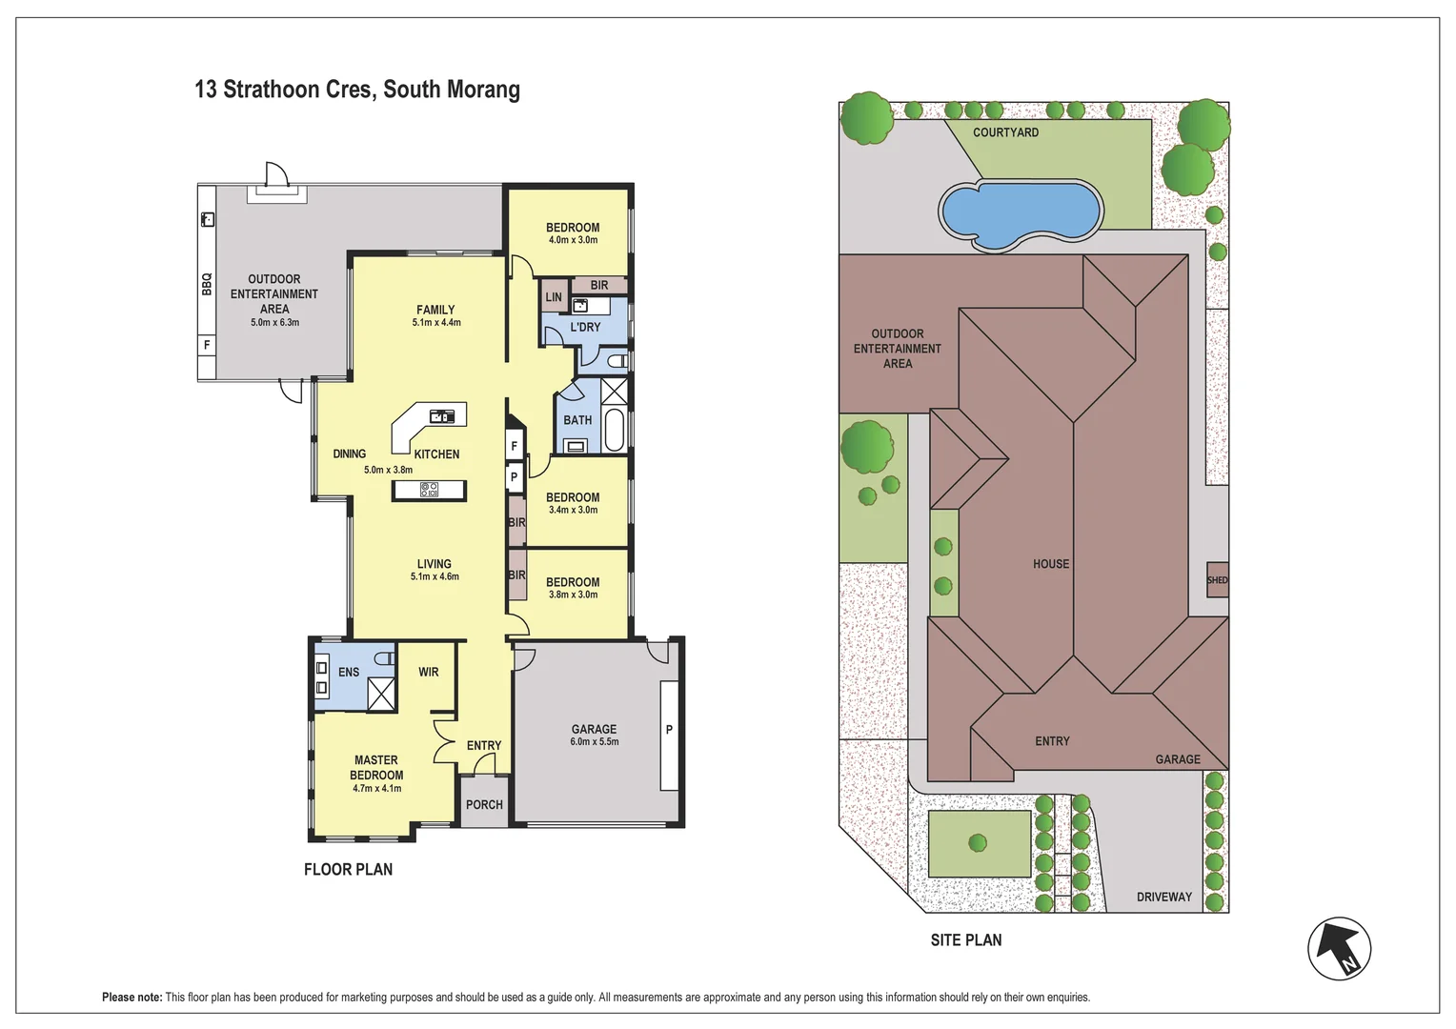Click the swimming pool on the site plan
(x=1021, y=215)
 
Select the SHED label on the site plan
(x=1218, y=580)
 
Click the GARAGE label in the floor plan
(x=594, y=729)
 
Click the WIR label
(x=429, y=672)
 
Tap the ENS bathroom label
(x=349, y=672)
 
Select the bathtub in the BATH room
(x=615, y=430)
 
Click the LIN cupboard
(x=554, y=297)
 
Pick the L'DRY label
(x=585, y=327)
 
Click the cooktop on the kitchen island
(x=429, y=490)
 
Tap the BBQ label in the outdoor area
(x=207, y=284)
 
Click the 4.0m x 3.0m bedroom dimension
(x=573, y=240)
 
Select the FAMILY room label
(x=435, y=310)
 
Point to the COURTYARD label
(x=1005, y=132)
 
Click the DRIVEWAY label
(x=1164, y=898)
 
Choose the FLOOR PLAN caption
(x=349, y=869)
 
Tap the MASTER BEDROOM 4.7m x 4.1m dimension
(x=377, y=789)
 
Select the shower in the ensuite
(x=381, y=694)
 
